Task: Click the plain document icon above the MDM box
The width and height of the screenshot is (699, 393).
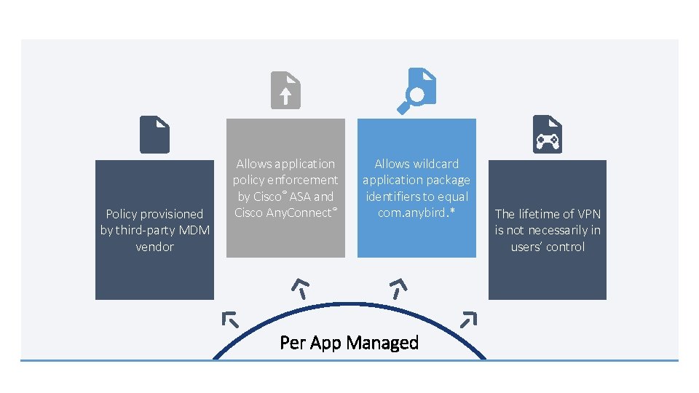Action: point(154,135)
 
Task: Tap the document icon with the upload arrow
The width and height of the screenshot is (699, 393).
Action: point(285,91)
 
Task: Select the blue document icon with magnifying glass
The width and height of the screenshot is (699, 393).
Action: point(416,91)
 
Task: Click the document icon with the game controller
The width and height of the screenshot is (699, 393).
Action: point(547,134)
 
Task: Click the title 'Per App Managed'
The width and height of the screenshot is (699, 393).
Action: point(349,343)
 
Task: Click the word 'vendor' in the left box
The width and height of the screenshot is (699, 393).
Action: point(154,247)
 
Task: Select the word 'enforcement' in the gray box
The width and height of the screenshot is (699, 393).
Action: point(305,180)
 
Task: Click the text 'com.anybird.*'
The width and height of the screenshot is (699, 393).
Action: point(416,213)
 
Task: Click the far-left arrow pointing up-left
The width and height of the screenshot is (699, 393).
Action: point(230,319)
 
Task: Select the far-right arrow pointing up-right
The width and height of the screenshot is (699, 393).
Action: point(469,318)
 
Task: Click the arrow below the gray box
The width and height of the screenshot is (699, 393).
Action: point(300,287)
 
